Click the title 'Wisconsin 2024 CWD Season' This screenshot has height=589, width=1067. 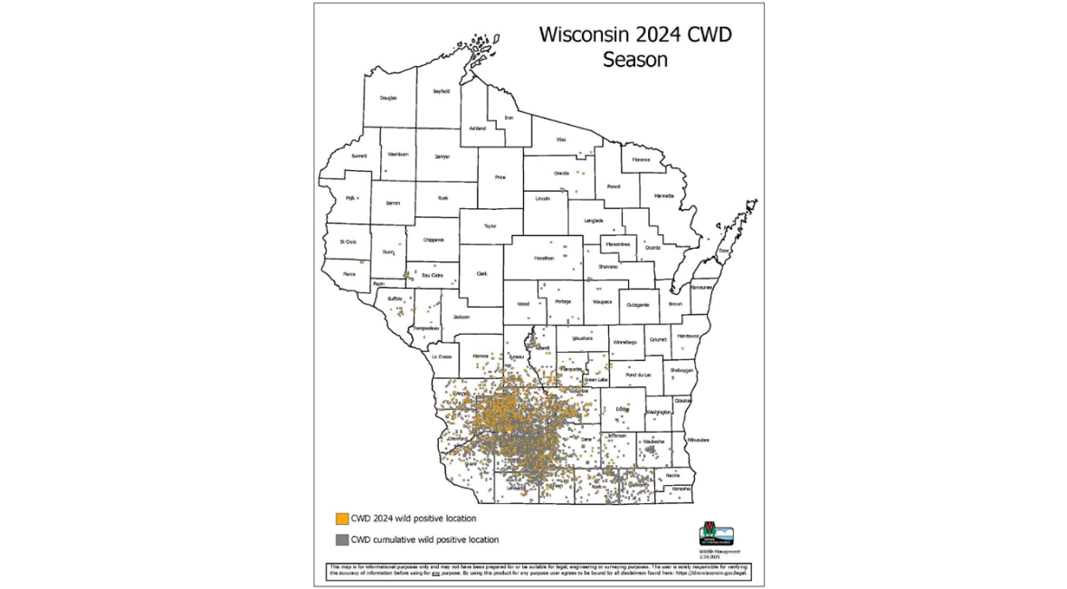[634, 48]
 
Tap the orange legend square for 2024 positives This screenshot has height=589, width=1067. [341, 518]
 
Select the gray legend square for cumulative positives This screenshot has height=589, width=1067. [341, 540]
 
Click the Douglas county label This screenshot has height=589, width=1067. [388, 97]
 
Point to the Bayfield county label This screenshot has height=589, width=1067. [441, 91]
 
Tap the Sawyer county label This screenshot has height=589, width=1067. [442, 157]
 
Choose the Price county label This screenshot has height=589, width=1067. [500, 177]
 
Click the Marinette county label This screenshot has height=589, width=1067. [664, 195]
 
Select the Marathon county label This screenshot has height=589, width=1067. [543, 259]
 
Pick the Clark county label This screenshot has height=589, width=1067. [481, 273]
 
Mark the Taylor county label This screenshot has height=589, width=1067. [490, 226]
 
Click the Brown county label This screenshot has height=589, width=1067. [675, 304]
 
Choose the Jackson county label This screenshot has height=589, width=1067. [462, 318]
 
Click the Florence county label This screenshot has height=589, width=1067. [641, 159]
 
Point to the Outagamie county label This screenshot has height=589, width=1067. [637, 305]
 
